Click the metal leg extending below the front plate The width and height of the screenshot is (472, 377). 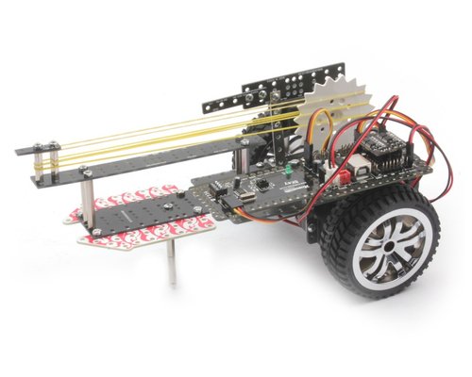click(176, 263)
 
